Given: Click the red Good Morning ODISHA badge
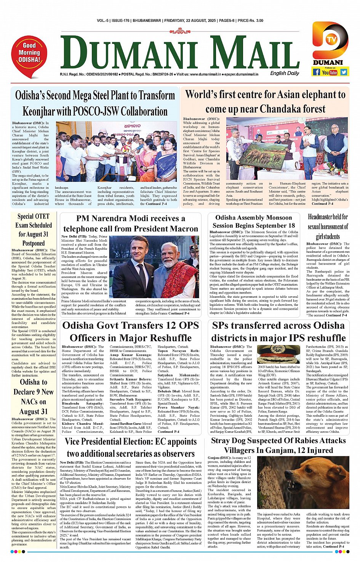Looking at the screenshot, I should (29, 54).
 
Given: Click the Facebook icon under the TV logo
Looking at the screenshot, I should (316, 72).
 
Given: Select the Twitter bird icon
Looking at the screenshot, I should (344, 72).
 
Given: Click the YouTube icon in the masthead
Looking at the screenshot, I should (330, 72).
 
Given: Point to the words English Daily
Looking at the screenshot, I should (285, 73).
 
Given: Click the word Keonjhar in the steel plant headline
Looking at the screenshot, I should (42, 112).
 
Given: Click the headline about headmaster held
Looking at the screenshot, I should (328, 226).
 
